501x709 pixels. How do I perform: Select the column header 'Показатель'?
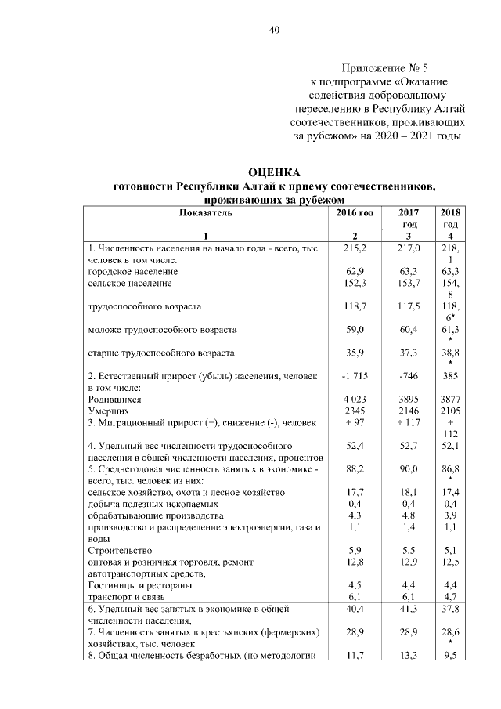[x=206, y=213]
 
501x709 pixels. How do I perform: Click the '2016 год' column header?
[x=355, y=213]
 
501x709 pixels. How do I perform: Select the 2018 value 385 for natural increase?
[x=449, y=377]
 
